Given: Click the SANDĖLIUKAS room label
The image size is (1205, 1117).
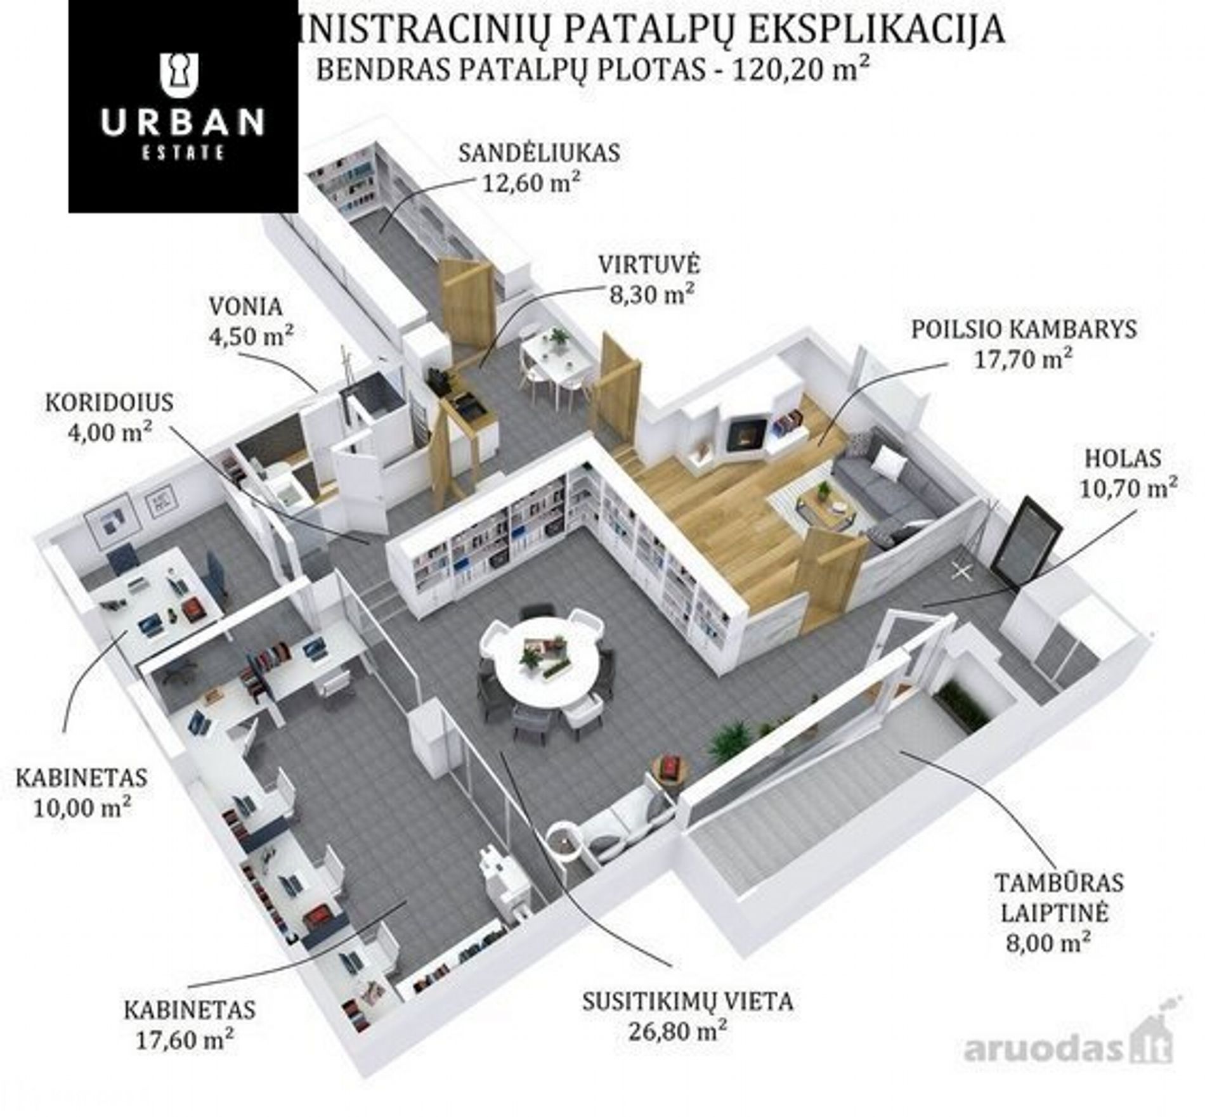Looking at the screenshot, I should [x=539, y=153].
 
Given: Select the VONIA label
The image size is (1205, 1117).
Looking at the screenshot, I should [x=245, y=307].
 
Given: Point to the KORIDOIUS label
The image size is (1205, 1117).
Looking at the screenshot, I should [x=109, y=403].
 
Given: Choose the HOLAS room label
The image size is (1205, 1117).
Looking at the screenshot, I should [x=1123, y=458].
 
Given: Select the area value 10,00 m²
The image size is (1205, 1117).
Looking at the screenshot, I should [x=83, y=808].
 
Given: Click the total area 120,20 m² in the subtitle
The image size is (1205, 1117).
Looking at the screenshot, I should [x=800, y=70].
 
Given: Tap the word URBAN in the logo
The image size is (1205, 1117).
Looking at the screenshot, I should [x=182, y=122].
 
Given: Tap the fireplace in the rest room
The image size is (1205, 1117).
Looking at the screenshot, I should [x=745, y=433].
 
